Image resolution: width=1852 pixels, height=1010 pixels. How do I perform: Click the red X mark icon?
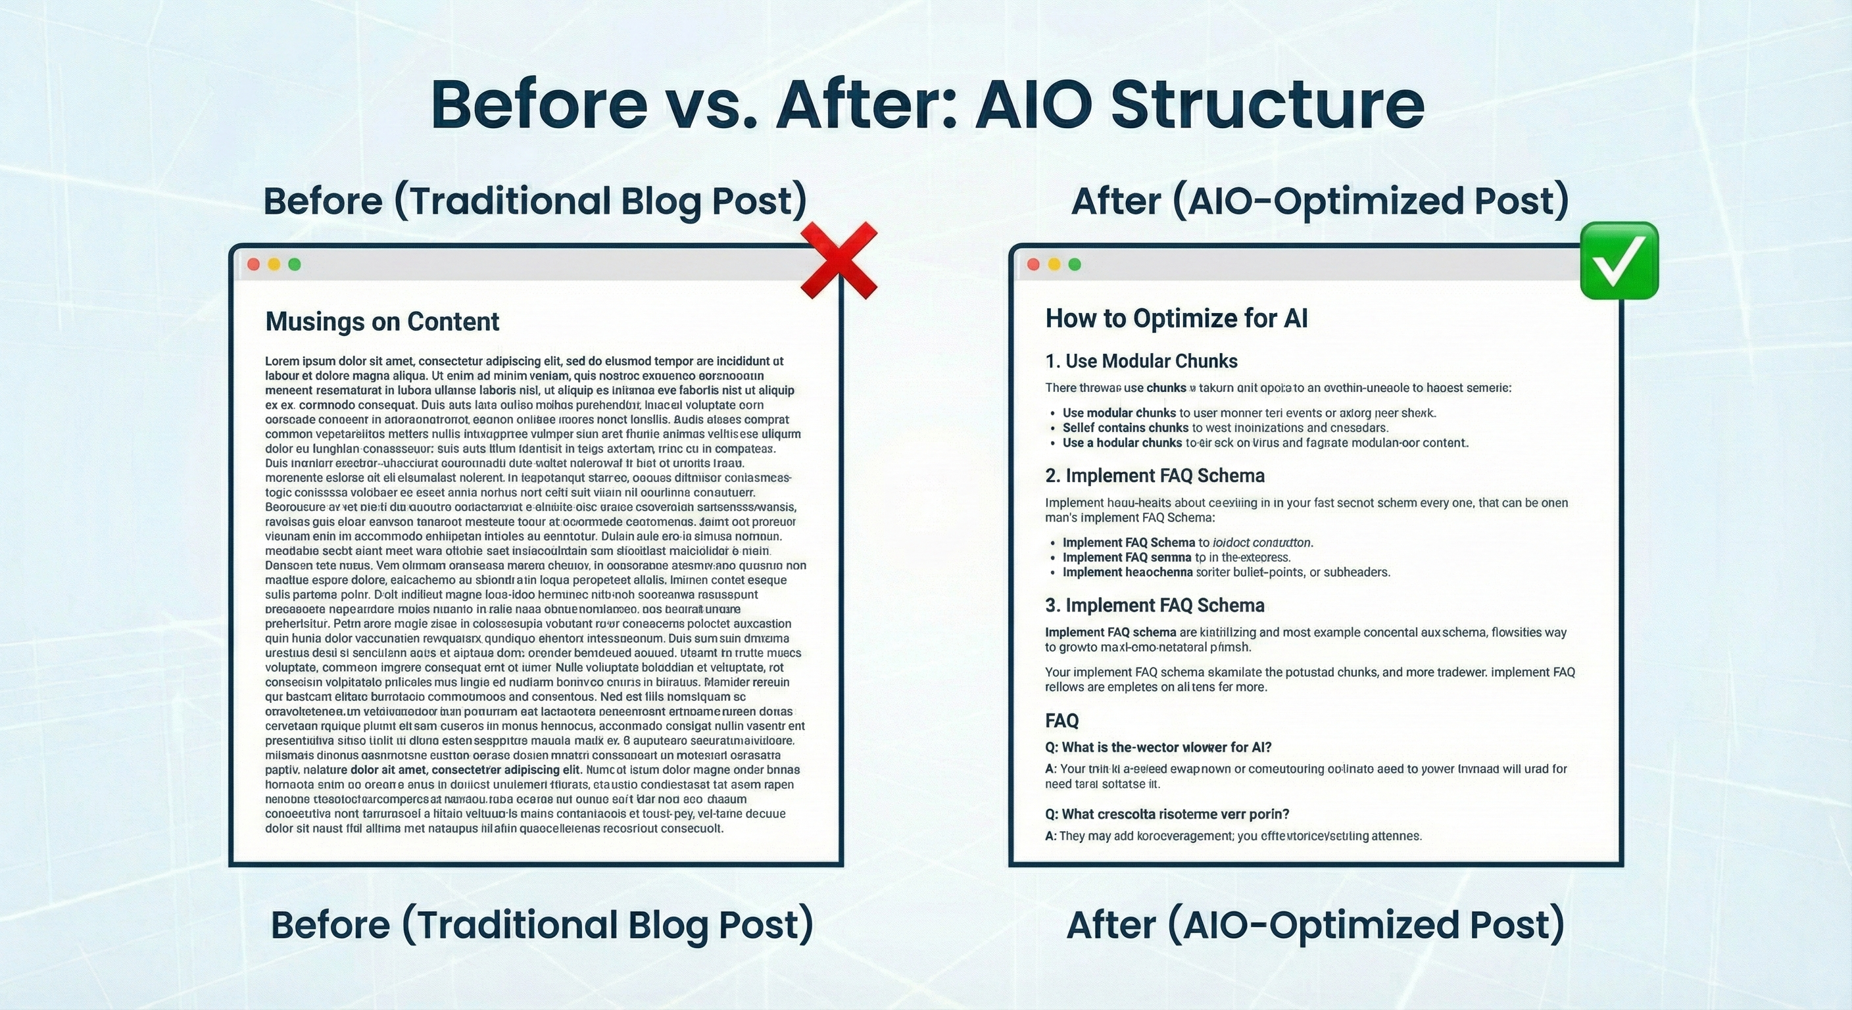[x=839, y=260]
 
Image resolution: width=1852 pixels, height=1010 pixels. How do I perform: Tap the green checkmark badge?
[x=1619, y=260]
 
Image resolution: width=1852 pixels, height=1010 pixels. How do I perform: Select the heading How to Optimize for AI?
[x=1176, y=318]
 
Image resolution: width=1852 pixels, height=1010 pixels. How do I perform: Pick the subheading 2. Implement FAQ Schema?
[x=1155, y=476]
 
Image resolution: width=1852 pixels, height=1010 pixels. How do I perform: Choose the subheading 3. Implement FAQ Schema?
[x=1155, y=606]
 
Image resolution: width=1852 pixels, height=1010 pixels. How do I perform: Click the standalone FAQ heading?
[x=1062, y=720]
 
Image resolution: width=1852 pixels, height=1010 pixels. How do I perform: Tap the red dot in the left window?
[x=253, y=264]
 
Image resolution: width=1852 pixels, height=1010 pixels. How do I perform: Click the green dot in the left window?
[x=294, y=264]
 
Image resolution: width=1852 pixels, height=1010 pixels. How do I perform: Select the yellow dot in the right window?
[x=1054, y=264]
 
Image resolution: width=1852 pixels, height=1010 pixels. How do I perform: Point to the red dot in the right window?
[x=1034, y=264]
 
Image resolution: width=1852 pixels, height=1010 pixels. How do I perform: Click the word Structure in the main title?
[x=1267, y=105]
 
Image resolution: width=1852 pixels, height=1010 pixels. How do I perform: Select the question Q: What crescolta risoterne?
[x=1167, y=814]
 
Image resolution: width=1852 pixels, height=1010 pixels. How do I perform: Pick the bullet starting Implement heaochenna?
[x=1226, y=572]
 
